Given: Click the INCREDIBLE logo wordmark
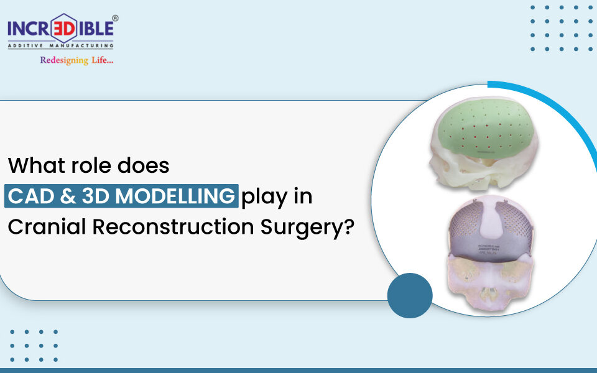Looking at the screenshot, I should (60, 28).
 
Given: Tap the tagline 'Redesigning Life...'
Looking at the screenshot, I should (76, 60).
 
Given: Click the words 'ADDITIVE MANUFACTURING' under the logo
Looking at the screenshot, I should (60, 44).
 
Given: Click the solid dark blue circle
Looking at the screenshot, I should (410, 296).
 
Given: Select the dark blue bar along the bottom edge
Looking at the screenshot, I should (298, 370).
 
